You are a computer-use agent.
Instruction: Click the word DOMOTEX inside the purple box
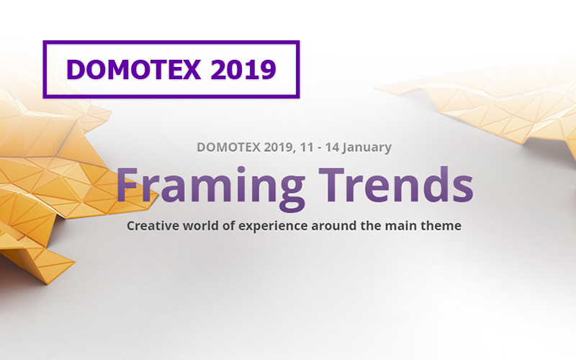click(134, 69)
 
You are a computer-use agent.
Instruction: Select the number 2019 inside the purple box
click(243, 69)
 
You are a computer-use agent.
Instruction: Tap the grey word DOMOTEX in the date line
click(228, 147)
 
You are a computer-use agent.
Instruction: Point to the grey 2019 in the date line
click(279, 148)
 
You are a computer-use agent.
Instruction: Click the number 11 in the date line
click(307, 147)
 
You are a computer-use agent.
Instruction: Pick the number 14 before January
click(332, 147)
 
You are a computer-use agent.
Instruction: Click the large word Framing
click(210, 188)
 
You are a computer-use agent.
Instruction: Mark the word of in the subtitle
click(228, 225)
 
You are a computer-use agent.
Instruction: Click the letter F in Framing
click(128, 184)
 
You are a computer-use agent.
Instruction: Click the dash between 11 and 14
click(320, 148)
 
